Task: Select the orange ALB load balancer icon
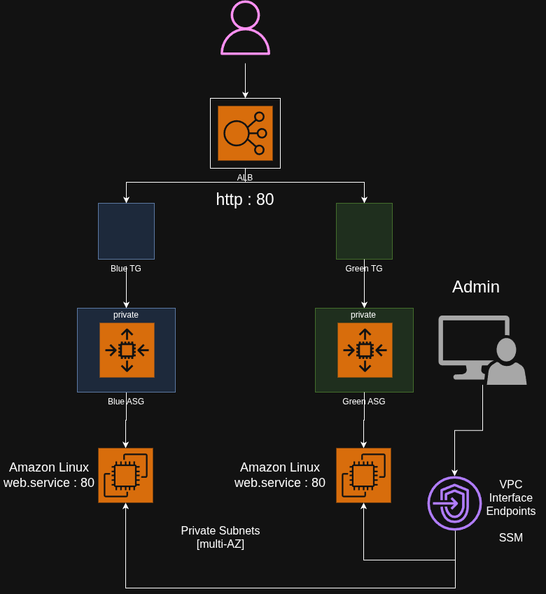245,133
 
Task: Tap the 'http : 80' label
245,199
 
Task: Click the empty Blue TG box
126,231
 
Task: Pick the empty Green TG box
364,231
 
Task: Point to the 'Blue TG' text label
126,269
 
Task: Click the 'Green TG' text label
364,269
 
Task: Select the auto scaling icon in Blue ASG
127,350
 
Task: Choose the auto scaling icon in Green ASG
365,350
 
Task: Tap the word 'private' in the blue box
126,315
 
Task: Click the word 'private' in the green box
363,315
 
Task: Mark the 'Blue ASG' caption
126,402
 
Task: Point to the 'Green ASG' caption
364,402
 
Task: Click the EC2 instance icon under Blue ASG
125,476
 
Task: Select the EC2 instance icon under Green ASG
363,476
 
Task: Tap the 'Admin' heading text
476,287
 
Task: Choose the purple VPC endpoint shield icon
455,503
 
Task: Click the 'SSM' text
511,537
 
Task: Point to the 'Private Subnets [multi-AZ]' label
220,537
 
